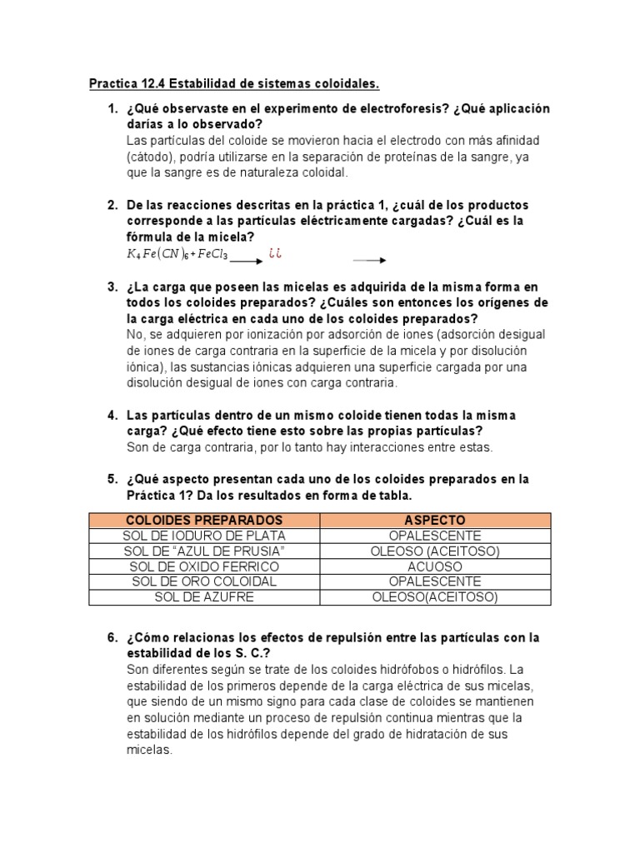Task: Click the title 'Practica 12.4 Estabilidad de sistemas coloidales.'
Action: pos(234,84)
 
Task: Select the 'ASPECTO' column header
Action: pos(434,520)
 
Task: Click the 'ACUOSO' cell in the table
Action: pos(434,566)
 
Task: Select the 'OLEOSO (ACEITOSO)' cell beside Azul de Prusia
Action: pos(434,551)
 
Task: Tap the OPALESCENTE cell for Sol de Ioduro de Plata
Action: pos(434,536)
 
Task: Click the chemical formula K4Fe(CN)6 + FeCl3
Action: pos(177,254)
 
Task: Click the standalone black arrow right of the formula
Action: pos(368,260)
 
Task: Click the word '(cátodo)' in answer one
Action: pos(151,157)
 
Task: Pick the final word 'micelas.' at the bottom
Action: pos(149,750)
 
